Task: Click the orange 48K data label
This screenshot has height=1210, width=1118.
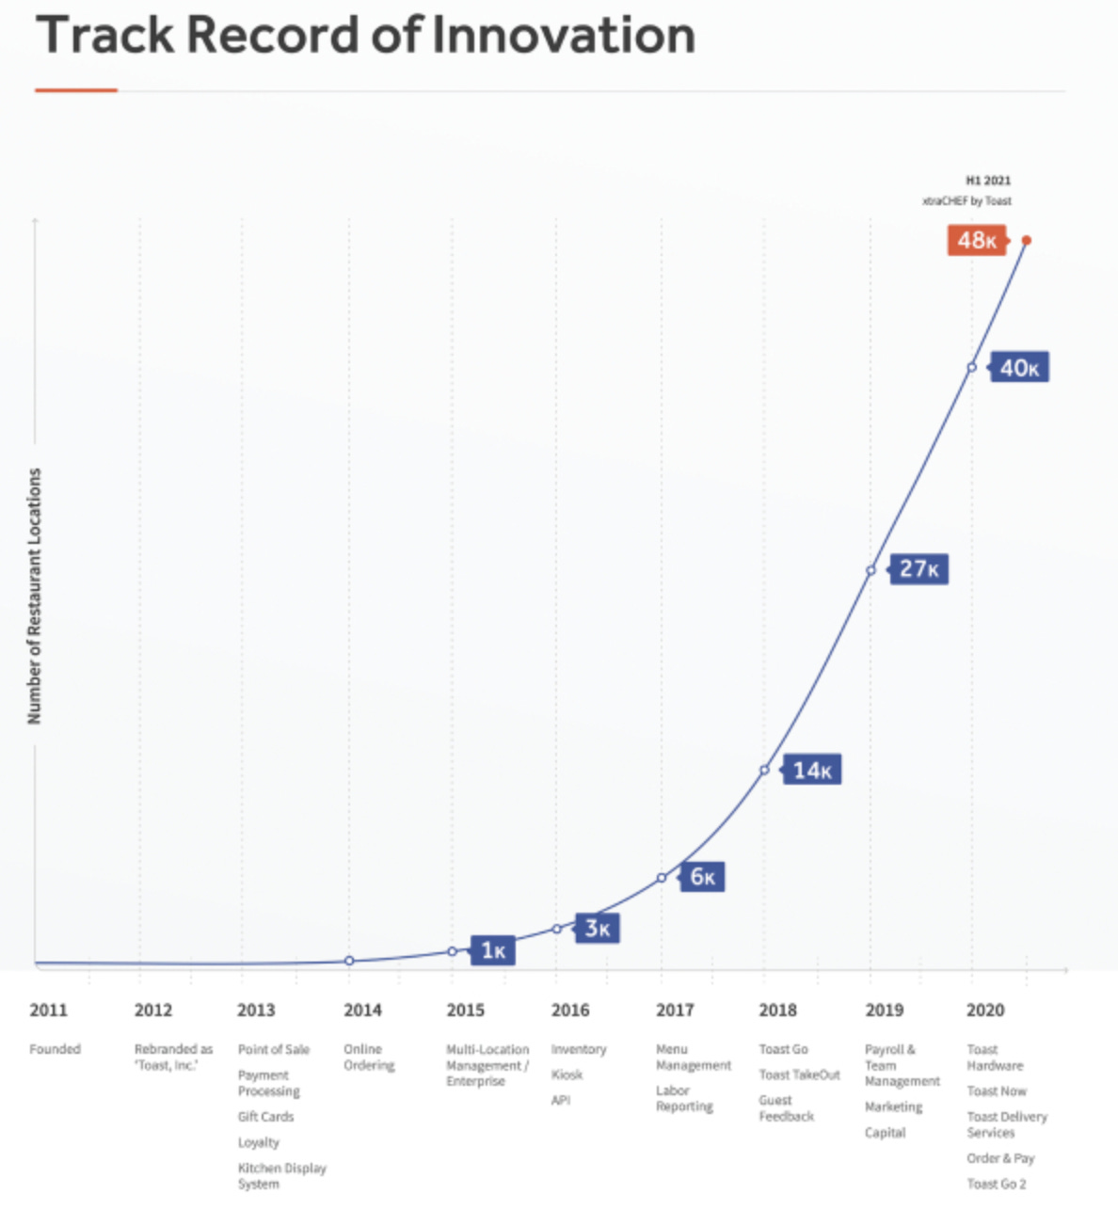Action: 977,241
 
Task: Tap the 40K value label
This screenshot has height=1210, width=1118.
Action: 1019,368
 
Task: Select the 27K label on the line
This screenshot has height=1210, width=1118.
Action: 918,569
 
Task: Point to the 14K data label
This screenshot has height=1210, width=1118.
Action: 812,771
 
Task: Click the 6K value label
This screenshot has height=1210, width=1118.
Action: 703,877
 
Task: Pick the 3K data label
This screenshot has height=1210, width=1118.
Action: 598,929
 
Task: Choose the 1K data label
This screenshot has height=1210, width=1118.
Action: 493,951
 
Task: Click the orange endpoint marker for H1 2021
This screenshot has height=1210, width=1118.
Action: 1027,241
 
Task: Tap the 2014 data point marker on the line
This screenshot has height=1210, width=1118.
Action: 349,961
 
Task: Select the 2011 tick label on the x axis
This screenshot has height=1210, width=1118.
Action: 48,1011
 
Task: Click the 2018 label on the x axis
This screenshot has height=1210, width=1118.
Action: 777,1011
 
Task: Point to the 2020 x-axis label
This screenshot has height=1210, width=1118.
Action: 985,1011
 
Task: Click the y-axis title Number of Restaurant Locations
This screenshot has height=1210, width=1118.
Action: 35,596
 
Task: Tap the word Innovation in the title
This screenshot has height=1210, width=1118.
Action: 563,36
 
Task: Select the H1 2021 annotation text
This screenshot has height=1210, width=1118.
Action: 988,181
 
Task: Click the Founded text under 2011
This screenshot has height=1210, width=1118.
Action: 55,1049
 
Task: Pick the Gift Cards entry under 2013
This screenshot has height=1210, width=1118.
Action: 265,1117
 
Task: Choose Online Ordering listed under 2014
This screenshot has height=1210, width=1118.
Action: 368,1058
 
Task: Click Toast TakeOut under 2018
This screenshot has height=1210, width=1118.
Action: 799,1075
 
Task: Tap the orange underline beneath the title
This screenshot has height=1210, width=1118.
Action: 76,90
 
